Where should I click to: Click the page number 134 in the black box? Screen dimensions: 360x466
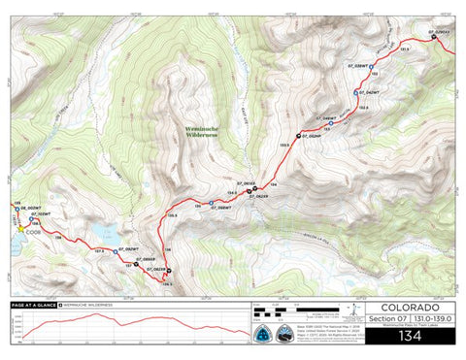click(410, 335)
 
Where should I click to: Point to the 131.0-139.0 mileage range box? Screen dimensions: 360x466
click(431, 318)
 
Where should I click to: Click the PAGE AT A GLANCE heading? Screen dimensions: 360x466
click(33, 304)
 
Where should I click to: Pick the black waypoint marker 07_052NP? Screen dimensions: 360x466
click(302, 135)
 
